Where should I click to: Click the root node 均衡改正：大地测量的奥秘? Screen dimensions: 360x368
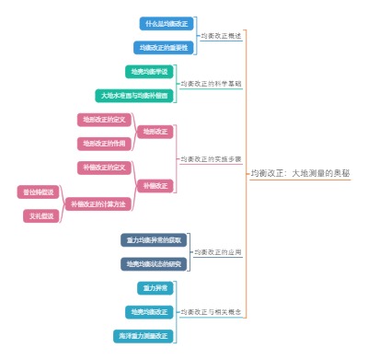click(300, 173)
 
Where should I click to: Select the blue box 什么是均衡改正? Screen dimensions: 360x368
click(167, 23)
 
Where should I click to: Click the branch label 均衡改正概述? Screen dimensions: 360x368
click(222, 35)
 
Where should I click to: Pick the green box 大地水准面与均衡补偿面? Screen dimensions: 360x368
click(134, 95)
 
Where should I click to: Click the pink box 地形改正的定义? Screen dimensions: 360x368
click(103, 120)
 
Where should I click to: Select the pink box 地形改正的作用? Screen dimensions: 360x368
click(103, 144)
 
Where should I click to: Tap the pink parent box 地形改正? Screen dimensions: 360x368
click(154, 132)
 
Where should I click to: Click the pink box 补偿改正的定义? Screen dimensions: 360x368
click(103, 168)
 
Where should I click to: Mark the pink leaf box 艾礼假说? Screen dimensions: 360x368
click(41, 216)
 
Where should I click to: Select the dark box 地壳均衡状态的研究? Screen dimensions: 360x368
click(154, 264)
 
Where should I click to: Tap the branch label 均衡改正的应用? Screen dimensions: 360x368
click(217, 252)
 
